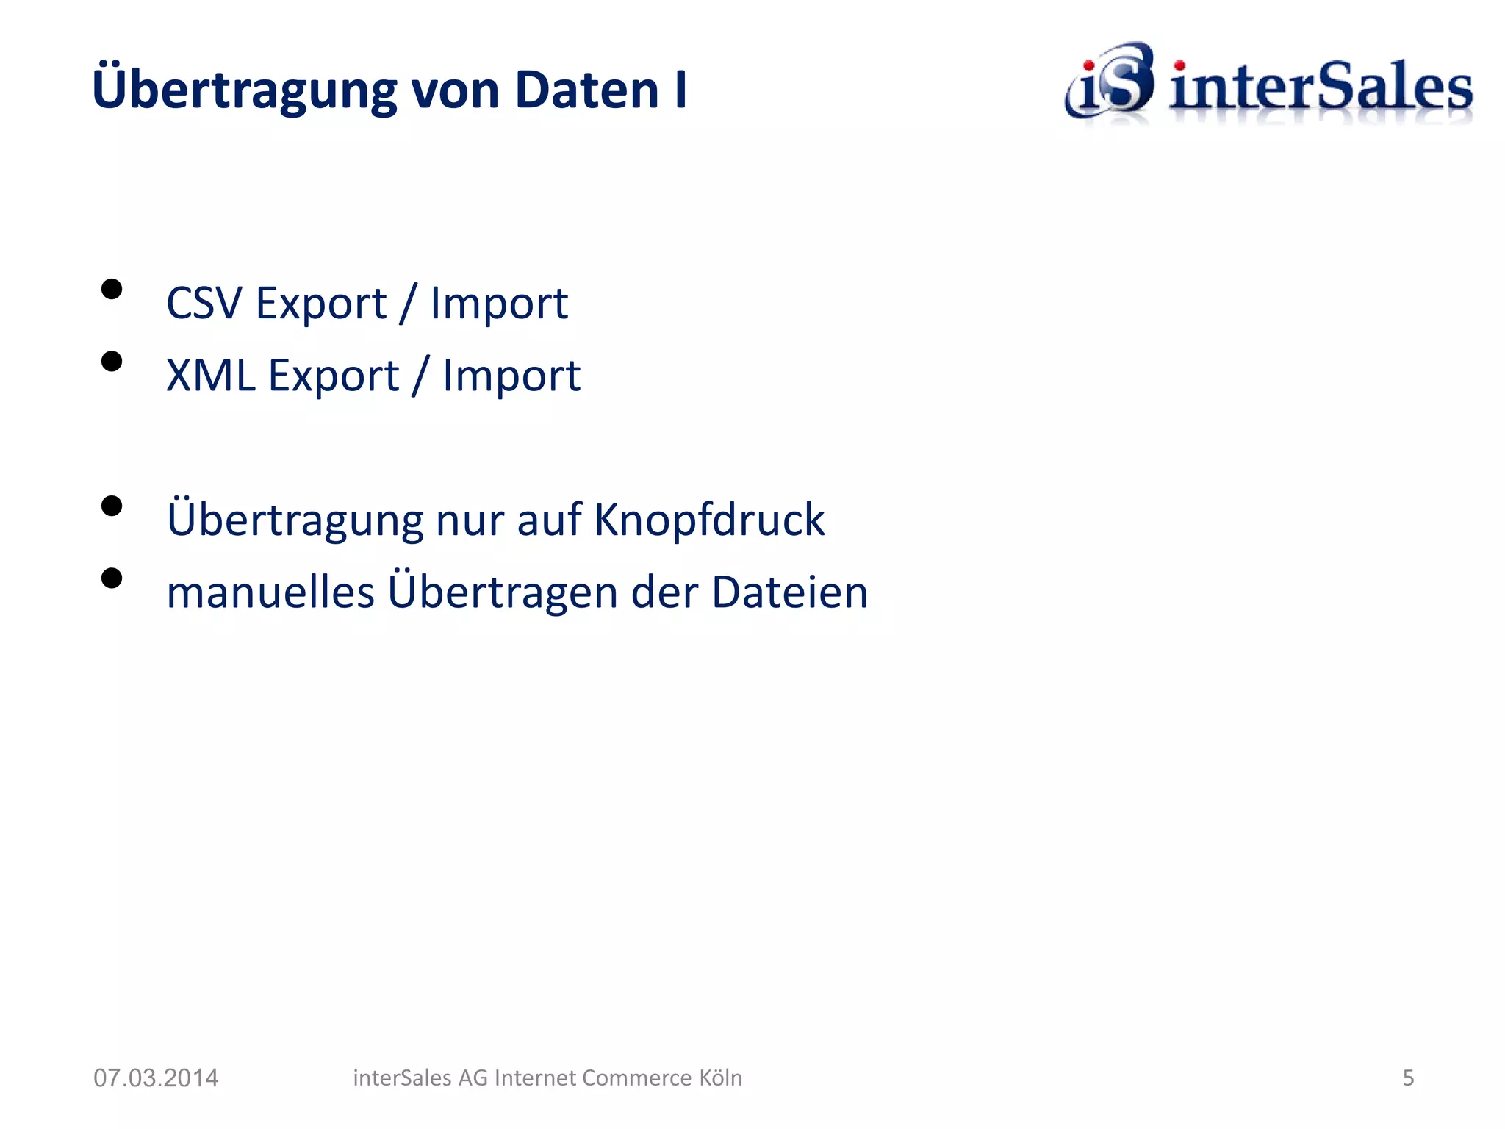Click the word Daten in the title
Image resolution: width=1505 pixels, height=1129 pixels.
(586, 90)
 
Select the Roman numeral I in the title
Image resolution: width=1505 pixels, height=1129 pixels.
(680, 90)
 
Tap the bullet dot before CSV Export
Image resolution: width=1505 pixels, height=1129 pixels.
(112, 289)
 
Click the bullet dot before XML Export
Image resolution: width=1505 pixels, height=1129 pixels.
(112, 362)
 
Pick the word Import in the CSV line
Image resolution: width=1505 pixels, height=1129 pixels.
(499, 303)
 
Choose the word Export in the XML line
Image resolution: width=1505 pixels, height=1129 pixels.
(334, 376)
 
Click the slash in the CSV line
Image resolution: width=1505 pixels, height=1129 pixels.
(408, 303)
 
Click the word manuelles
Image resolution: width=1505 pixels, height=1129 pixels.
(270, 592)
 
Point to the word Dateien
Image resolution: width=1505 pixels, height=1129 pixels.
(790, 592)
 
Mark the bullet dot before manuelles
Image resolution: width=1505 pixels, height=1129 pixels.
(112, 578)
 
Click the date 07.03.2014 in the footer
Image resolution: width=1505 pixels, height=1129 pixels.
(156, 1078)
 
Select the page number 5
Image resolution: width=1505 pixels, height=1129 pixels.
(1408, 1078)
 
